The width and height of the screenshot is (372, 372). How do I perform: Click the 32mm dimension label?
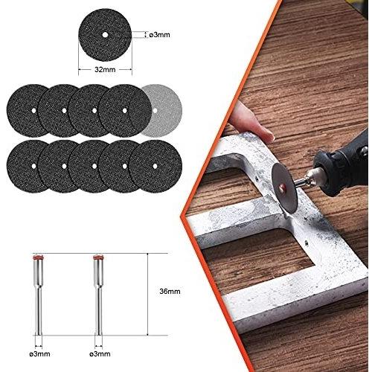(105, 70)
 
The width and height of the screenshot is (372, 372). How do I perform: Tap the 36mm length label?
(170, 291)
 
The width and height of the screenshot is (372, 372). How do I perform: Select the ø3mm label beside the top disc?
(159, 35)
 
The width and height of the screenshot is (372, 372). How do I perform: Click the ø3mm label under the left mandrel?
(39, 354)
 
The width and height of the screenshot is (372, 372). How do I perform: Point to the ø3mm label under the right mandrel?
(100, 354)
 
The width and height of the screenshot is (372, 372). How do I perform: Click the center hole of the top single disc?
(105, 35)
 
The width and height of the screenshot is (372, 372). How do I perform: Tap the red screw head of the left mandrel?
(38, 257)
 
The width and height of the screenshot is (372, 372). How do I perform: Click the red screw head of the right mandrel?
(99, 257)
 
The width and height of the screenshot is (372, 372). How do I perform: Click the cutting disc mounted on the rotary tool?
(285, 187)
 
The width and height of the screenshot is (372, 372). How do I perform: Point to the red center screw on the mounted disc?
(281, 189)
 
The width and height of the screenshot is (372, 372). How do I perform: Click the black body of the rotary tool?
(344, 164)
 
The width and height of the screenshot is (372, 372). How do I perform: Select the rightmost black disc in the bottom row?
(155, 166)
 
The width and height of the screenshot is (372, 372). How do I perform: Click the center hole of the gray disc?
(155, 111)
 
